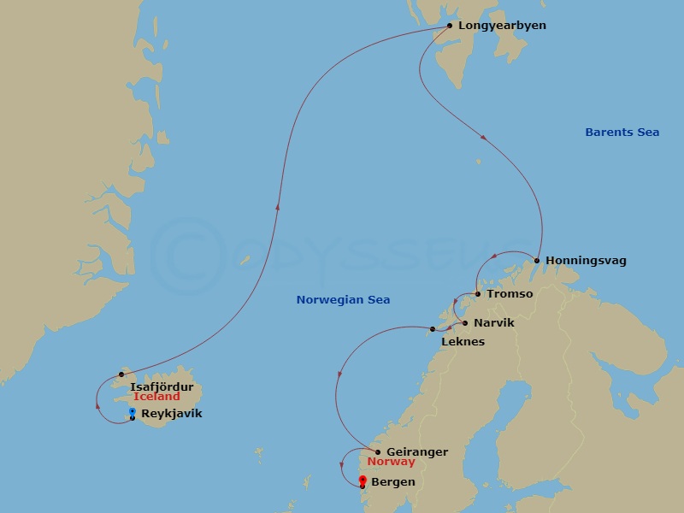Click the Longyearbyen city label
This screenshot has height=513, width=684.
tap(502, 26)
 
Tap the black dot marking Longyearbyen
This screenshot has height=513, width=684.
tap(450, 26)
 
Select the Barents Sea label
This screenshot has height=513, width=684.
tap(622, 133)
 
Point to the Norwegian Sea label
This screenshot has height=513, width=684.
tap(343, 300)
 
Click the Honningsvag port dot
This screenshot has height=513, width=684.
tap(537, 261)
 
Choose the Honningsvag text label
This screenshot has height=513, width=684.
tap(586, 261)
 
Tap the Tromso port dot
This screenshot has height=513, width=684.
tap(478, 294)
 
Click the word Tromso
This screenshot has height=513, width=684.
tap(510, 294)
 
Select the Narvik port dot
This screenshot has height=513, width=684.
tap(465, 323)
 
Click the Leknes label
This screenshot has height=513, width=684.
tap(463, 342)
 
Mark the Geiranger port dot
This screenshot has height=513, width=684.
tap(378, 452)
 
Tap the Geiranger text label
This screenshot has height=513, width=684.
tap(416, 452)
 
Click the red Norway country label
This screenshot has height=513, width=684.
tap(391, 463)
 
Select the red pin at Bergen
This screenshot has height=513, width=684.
tap(363, 481)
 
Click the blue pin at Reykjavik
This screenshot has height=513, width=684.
tap(132, 413)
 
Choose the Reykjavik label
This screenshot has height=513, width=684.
tap(171, 414)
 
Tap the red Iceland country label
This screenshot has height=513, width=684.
tap(156, 397)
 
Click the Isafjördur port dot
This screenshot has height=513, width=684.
tap(121, 374)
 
